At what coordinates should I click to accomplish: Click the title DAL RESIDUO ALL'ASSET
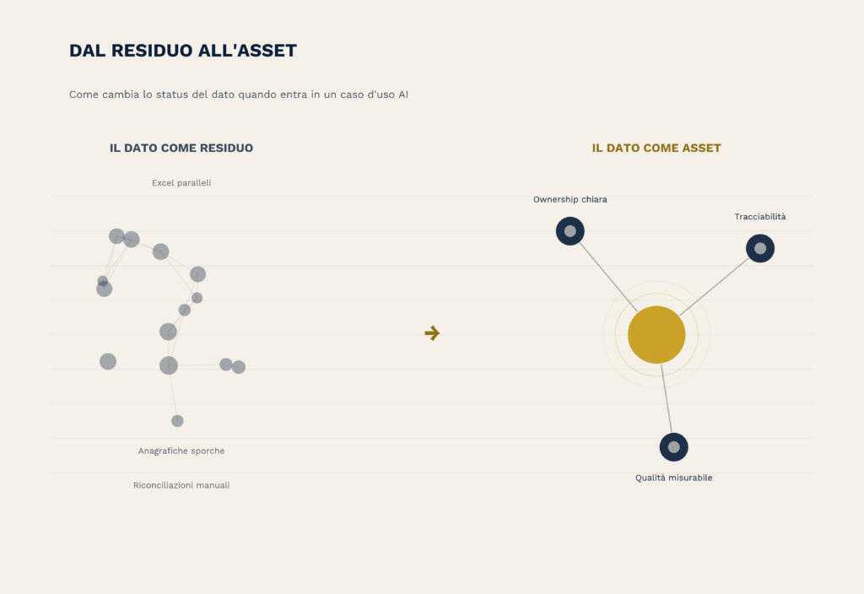[183, 50]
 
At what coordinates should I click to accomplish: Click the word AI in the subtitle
[403, 94]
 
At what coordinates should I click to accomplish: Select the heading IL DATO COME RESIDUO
[181, 148]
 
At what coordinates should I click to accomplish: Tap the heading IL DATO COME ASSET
[656, 148]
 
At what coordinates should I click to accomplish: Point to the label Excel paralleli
[181, 183]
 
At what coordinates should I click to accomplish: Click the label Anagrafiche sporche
[181, 451]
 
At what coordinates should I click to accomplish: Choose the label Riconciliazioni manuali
[181, 485]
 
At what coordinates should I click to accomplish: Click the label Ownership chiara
[570, 199]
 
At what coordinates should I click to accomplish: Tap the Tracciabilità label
[760, 217]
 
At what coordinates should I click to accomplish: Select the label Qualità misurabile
[674, 478]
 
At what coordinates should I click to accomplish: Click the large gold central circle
[656, 334]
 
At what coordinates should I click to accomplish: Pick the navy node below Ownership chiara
[570, 231]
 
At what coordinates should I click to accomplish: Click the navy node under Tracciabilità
[760, 249]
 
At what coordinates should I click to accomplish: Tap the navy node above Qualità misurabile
[674, 447]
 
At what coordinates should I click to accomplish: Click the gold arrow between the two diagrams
[432, 332]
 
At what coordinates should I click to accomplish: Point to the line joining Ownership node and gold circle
[608, 277]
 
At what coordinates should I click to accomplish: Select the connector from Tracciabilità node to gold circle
[714, 287]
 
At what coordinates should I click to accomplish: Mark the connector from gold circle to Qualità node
[667, 398]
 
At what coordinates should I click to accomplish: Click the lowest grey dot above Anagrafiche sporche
[177, 421]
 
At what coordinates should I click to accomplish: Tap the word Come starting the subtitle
[84, 94]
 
